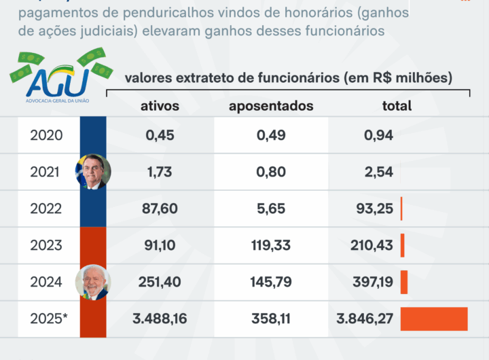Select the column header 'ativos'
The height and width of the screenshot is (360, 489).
pyautogui.click(x=160, y=105)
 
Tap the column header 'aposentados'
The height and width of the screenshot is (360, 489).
pyautogui.click(x=271, y=105)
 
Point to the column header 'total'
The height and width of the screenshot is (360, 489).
pyautogui.click(x=396, y=105)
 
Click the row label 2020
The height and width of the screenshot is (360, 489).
pyautogui.click(x=46, y=135)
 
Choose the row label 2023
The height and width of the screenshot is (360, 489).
pyautogui.click(x=46, y=245)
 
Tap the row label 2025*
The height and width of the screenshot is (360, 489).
pyautogui.click(x=49, y=319)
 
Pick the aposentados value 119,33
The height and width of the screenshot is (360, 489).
pyautogui.click(x=271, y=245)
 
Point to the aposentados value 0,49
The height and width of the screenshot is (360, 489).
pyautogui.click(x=271, y=135)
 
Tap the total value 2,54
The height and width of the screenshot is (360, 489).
pyautogui.click(x=378, y=172)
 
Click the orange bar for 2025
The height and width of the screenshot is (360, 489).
pyautogui.click(x=434, y=319)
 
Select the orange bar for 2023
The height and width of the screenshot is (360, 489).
pyautogui.click(x=403, y=245)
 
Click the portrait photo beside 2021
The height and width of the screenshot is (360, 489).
pyautogui.click(x=92, y=172)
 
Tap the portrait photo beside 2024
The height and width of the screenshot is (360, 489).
pyautogui.click(x=92, y=282)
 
